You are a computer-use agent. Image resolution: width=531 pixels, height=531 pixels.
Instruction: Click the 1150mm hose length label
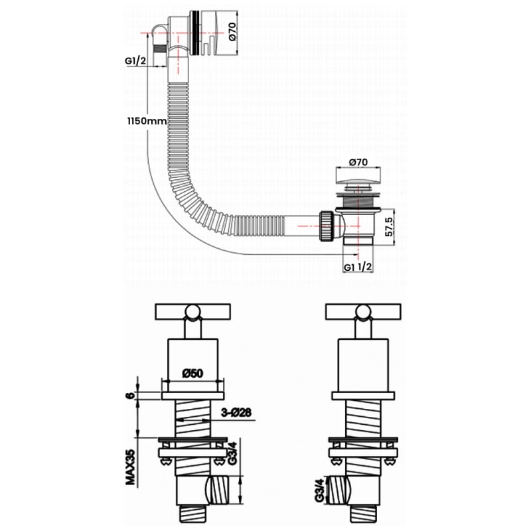147,121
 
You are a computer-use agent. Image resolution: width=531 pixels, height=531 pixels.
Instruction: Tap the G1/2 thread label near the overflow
135,61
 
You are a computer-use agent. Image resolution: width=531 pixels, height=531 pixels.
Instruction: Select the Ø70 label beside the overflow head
232,31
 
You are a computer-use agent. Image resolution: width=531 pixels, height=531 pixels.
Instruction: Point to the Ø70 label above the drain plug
358,162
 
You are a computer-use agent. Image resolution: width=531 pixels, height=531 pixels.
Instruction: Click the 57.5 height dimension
390,227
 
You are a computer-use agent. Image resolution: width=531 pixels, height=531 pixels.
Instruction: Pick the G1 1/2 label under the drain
358,267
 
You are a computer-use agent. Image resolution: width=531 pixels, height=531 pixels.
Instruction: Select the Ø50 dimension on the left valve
192,374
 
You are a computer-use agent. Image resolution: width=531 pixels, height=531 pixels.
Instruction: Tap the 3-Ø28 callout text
236,412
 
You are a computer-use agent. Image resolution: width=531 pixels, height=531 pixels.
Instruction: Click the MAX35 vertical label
130,467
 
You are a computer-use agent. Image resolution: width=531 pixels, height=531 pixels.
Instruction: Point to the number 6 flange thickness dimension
130,395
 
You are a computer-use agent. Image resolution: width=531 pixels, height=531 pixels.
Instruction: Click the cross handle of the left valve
192,311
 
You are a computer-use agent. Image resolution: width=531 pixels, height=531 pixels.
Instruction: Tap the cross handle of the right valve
363,311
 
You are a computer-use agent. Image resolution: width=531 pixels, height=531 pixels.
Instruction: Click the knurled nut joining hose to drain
327,226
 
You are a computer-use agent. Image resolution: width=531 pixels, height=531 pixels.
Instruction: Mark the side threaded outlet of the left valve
217,490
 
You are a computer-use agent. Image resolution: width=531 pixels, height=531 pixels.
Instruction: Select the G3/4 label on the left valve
232,453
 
